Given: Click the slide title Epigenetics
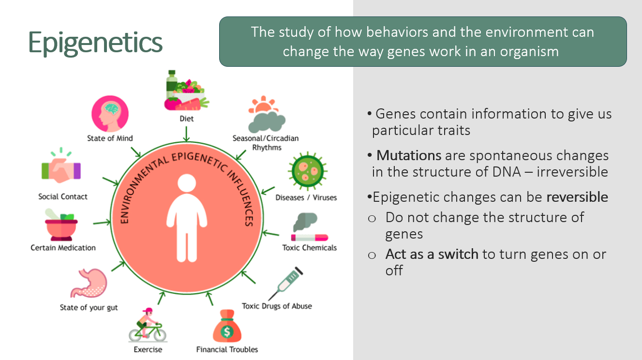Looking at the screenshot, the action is click(x=95, y=43).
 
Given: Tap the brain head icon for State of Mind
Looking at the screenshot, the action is click(x=110, y=114).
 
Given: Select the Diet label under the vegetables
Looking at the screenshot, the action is click(x=187, y=119).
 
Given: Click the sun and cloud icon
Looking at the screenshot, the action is click(x=267, y=114).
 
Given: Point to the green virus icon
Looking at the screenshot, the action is click(x=308, y=171).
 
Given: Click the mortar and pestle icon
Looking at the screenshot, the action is click(x=61, y=225).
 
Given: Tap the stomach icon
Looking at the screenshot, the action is click(x=89, y=283).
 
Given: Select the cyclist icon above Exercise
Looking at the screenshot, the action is click(x=148, y=325).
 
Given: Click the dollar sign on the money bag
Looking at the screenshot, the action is click(x=227, y=332).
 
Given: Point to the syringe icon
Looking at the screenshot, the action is click(x=285, y=284).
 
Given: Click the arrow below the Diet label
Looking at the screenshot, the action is click(x=186, y=134).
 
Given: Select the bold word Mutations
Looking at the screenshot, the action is click(x=409, y=155).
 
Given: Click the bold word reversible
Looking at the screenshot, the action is click(x=577, y=197).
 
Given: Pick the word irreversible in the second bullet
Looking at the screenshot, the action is click(x=572, y=172).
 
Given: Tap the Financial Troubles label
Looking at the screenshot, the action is click(x=227, y=349).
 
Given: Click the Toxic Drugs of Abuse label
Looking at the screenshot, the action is click(x=277, y=306).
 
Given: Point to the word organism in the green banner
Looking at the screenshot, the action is click(x=529, y=52).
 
